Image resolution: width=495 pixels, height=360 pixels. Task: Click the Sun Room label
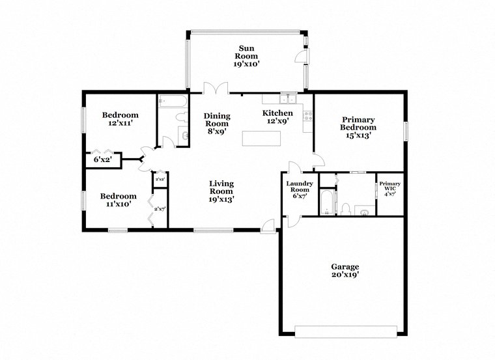[246, 52]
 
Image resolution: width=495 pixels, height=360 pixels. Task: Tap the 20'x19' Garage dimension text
[345, 275]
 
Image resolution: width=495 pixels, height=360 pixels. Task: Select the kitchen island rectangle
[261, 139]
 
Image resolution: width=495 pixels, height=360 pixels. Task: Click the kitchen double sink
[288, 99]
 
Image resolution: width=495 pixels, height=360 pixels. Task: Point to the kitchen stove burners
[308, 116]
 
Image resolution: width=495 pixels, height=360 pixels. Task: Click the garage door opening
[346, 331]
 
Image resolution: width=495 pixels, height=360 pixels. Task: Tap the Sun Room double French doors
[216, 89]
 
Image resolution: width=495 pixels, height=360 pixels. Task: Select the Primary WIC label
[390, 186]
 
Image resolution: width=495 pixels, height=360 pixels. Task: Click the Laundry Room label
[300, 186]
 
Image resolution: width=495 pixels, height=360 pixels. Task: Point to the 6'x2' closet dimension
[103, 159]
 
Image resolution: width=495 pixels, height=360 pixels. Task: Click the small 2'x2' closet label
[160, 179]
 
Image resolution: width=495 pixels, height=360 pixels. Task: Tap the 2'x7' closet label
[160, 208]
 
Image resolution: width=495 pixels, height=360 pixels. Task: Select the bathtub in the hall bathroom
[173, 101]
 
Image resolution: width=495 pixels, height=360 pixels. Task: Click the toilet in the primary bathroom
[346, 209]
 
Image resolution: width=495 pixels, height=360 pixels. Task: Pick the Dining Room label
[217, 120]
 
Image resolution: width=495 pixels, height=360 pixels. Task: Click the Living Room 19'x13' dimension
[221, 199]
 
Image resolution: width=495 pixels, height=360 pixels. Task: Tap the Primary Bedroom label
[358, 124]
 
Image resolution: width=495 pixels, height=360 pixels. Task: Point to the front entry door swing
[268, 226]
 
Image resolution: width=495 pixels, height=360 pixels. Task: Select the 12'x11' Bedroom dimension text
[120, 123]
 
